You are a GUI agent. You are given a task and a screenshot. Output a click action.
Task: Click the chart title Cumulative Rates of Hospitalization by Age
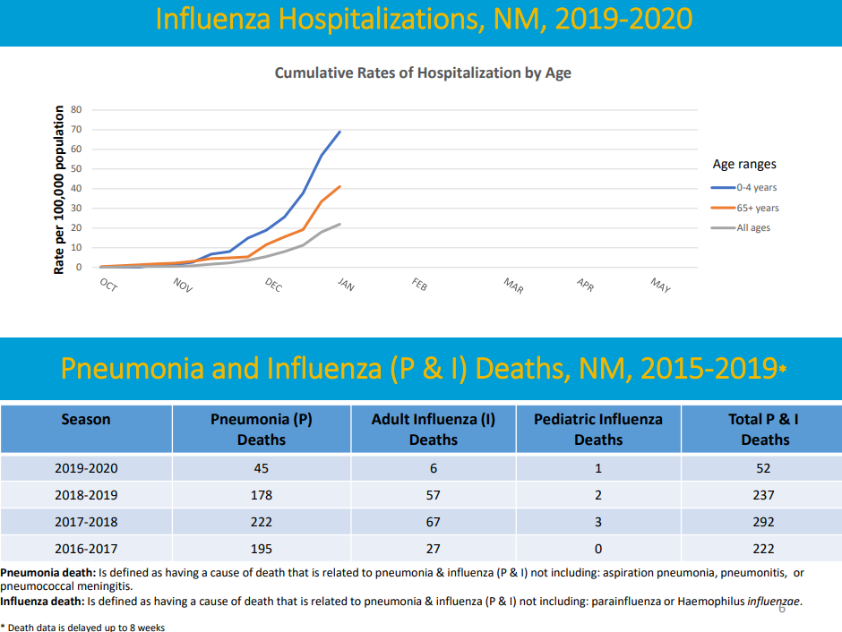[x=422, y=73]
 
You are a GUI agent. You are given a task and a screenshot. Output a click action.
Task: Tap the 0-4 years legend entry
[x=756, y=188]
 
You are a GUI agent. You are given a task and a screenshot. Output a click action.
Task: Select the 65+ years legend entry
[x=757, y=208]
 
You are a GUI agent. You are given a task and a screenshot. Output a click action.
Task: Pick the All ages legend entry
[x=752, y=227]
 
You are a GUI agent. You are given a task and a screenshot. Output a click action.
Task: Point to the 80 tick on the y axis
[x=76, y=109]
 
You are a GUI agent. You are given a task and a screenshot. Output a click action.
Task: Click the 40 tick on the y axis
[x=76, y=188]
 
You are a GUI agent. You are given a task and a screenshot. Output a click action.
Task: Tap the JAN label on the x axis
[x=345, y=285]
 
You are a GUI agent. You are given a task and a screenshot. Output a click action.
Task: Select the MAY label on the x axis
[x=660, y=286]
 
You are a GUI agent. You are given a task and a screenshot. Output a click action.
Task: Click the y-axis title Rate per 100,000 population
[x=59, y=190]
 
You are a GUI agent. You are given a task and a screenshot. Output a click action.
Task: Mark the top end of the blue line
[x=339, y=132]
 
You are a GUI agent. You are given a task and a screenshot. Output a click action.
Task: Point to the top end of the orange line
[x=339, y=186]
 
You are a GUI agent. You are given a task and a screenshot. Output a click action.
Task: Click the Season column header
[x=86, y=419]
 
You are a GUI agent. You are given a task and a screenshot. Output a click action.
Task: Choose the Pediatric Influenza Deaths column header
[x=597, y=429]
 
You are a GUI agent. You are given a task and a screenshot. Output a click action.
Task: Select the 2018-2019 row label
[x=86, y=494]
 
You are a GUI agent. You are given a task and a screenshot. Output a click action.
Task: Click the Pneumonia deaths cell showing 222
[x=261, y=521]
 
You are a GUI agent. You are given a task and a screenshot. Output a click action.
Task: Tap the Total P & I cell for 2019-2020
[x=764, y=467]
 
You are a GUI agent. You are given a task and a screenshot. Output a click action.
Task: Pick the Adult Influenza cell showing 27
[x=433, y=548]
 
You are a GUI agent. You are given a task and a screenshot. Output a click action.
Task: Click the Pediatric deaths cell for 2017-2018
[x=597, y=521]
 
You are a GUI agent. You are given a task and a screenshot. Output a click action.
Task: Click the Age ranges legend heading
[x=743, y=164]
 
